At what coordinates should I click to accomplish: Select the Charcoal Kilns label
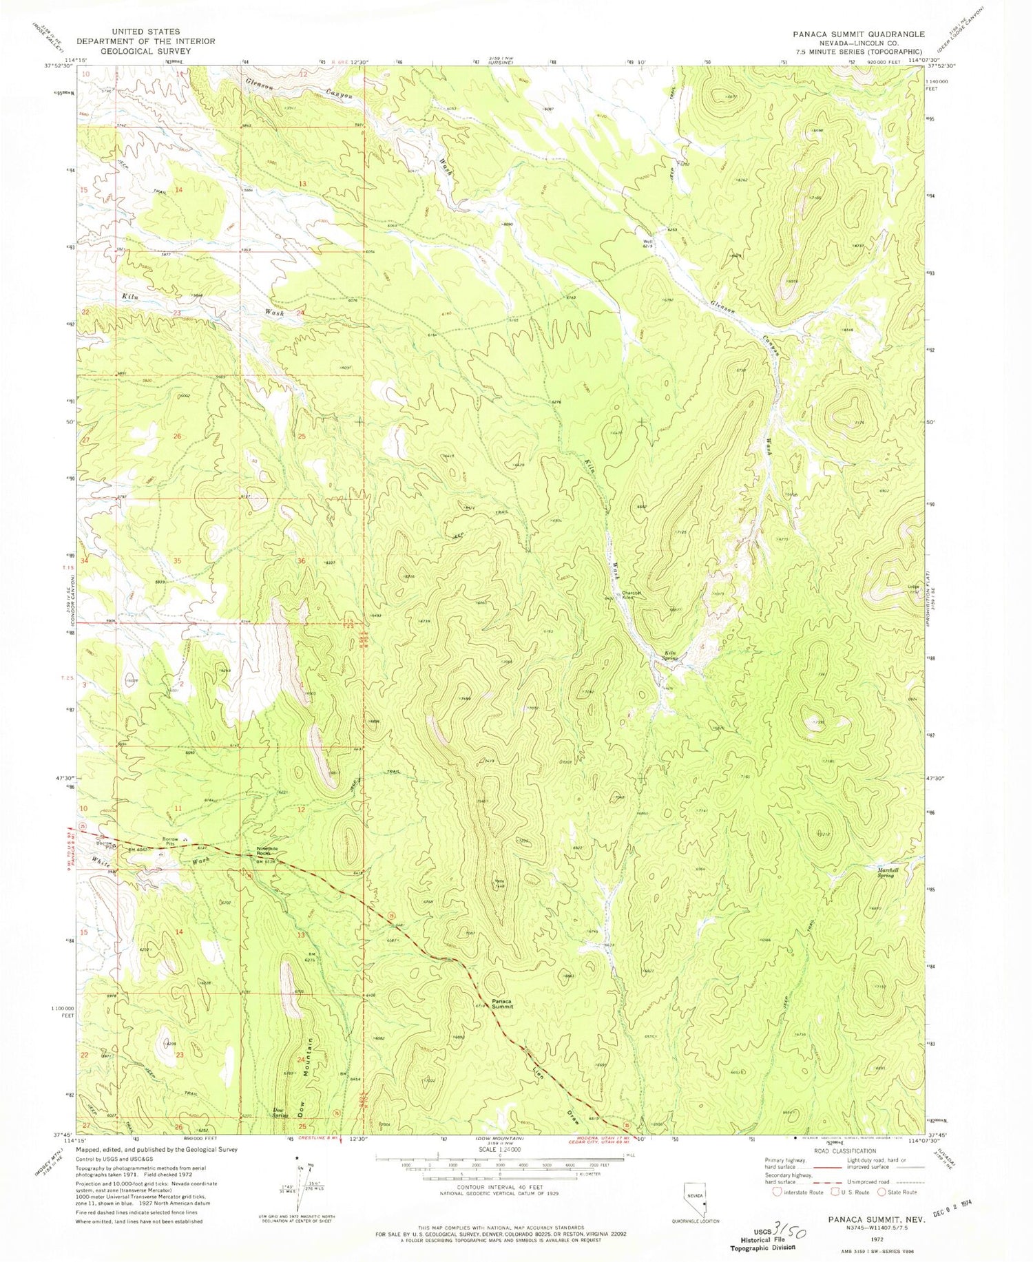click(633, 595)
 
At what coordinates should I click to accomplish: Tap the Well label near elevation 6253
click(647, 241)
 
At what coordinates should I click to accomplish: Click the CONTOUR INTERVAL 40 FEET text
click(501, 1187)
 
